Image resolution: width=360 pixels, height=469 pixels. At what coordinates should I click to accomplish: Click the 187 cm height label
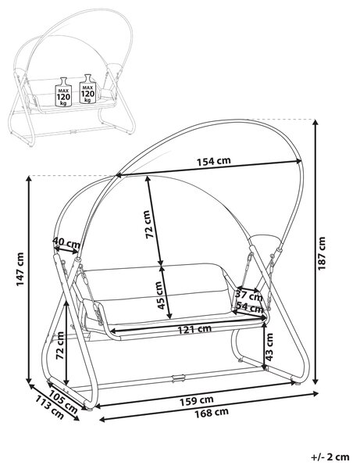click(x=322, y=253)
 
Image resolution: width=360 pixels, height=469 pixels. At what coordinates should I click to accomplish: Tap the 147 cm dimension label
click(x=20, y=269)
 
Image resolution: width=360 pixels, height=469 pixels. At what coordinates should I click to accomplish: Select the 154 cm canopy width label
click(x=214, y=161)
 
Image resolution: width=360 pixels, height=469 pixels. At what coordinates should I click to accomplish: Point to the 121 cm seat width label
click(x=194, y=329)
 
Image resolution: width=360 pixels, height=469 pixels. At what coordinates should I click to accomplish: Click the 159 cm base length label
click(x=196, y=400)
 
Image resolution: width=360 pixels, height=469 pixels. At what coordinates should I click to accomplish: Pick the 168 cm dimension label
click(x=212, y=413)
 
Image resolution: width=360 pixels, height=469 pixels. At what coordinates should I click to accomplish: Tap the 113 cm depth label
click(x=49, y=407)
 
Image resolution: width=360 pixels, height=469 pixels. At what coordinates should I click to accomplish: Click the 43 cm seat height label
click(x=269, y=347)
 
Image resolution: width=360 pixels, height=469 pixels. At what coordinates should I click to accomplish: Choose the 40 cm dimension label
click(x=66, y=242)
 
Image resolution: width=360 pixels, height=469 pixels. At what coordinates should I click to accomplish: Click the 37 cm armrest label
click(x=249, y=295)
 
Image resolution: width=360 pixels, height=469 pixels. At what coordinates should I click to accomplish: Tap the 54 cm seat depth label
click(x=250, y=307)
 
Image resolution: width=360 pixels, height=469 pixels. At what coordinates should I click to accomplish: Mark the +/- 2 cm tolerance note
click(x=330, y=457)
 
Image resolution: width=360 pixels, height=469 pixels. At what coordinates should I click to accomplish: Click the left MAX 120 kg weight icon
click(x=63, y=91)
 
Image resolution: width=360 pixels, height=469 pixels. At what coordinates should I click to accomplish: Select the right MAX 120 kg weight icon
click(x=87, y=89)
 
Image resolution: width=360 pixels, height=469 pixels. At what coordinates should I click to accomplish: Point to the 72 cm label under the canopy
click(x=151, y=224)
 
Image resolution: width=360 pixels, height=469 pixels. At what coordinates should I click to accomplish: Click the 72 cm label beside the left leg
click(x=60, y=345)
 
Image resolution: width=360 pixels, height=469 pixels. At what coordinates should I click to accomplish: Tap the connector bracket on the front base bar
click(x=179, y=378)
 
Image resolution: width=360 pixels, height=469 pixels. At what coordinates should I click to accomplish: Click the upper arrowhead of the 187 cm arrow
click(x=315, y=123)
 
